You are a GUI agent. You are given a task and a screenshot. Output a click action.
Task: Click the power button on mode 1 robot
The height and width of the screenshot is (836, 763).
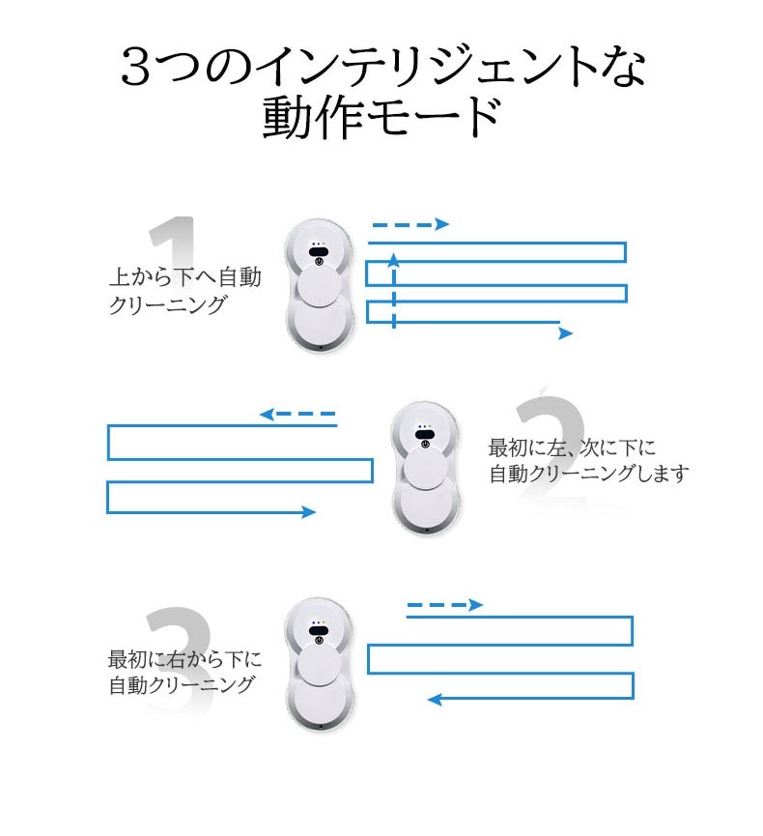coord(318,258)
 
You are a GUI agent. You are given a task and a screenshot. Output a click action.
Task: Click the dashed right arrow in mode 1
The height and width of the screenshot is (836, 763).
coord(410,224)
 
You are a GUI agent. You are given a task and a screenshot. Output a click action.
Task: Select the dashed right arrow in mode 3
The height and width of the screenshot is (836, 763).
coord(444,605)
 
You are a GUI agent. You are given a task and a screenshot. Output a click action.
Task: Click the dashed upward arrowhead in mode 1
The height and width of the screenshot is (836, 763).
coord(393,258)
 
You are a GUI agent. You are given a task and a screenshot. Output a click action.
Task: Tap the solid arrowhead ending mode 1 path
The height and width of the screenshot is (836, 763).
coord(565,333)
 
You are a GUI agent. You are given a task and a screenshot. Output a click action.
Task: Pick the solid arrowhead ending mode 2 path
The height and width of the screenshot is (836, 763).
coord(309,512)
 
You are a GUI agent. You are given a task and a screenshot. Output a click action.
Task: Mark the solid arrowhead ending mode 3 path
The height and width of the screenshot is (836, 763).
coord(435,699)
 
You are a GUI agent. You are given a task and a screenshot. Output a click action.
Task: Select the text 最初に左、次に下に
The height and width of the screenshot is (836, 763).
coord(573,447)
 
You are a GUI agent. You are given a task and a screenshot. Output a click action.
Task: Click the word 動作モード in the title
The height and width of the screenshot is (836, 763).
coord(381,118)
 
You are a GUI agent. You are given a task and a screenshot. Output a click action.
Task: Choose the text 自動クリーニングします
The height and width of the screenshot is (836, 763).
coord(589,474)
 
